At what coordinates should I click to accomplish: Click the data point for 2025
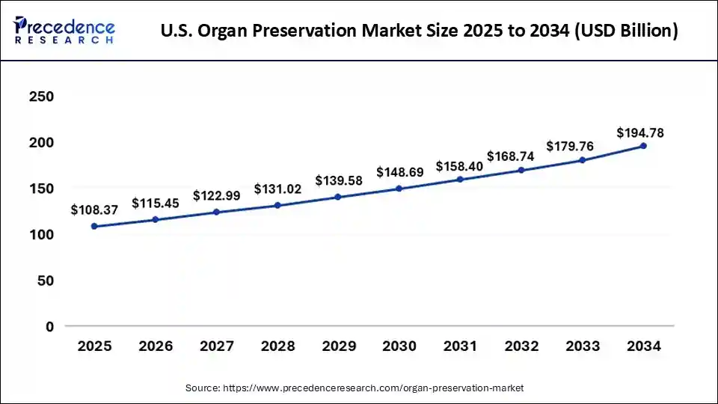click(94, 226)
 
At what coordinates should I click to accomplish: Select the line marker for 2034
click(643, 146)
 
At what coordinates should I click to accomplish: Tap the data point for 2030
click(399, 189)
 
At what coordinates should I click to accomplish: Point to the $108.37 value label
click(95, 210)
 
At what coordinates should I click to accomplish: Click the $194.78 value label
click(640, 133)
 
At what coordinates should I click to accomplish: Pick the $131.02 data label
click(277, 189)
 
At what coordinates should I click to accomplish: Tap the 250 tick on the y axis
click(41, 97)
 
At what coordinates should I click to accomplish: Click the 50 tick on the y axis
click(46, 281)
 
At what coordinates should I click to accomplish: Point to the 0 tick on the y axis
click(50, 327)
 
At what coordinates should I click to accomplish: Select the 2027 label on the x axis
click(216, 346)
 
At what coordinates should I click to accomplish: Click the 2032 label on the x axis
click(521, 346)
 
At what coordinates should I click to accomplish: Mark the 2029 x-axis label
click(338, 346)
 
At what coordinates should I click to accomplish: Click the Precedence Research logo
click(64, 30)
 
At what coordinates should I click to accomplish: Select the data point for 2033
click(583, 160)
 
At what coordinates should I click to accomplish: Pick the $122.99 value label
click(217, 196)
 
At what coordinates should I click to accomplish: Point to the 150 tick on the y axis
click(41, 189)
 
